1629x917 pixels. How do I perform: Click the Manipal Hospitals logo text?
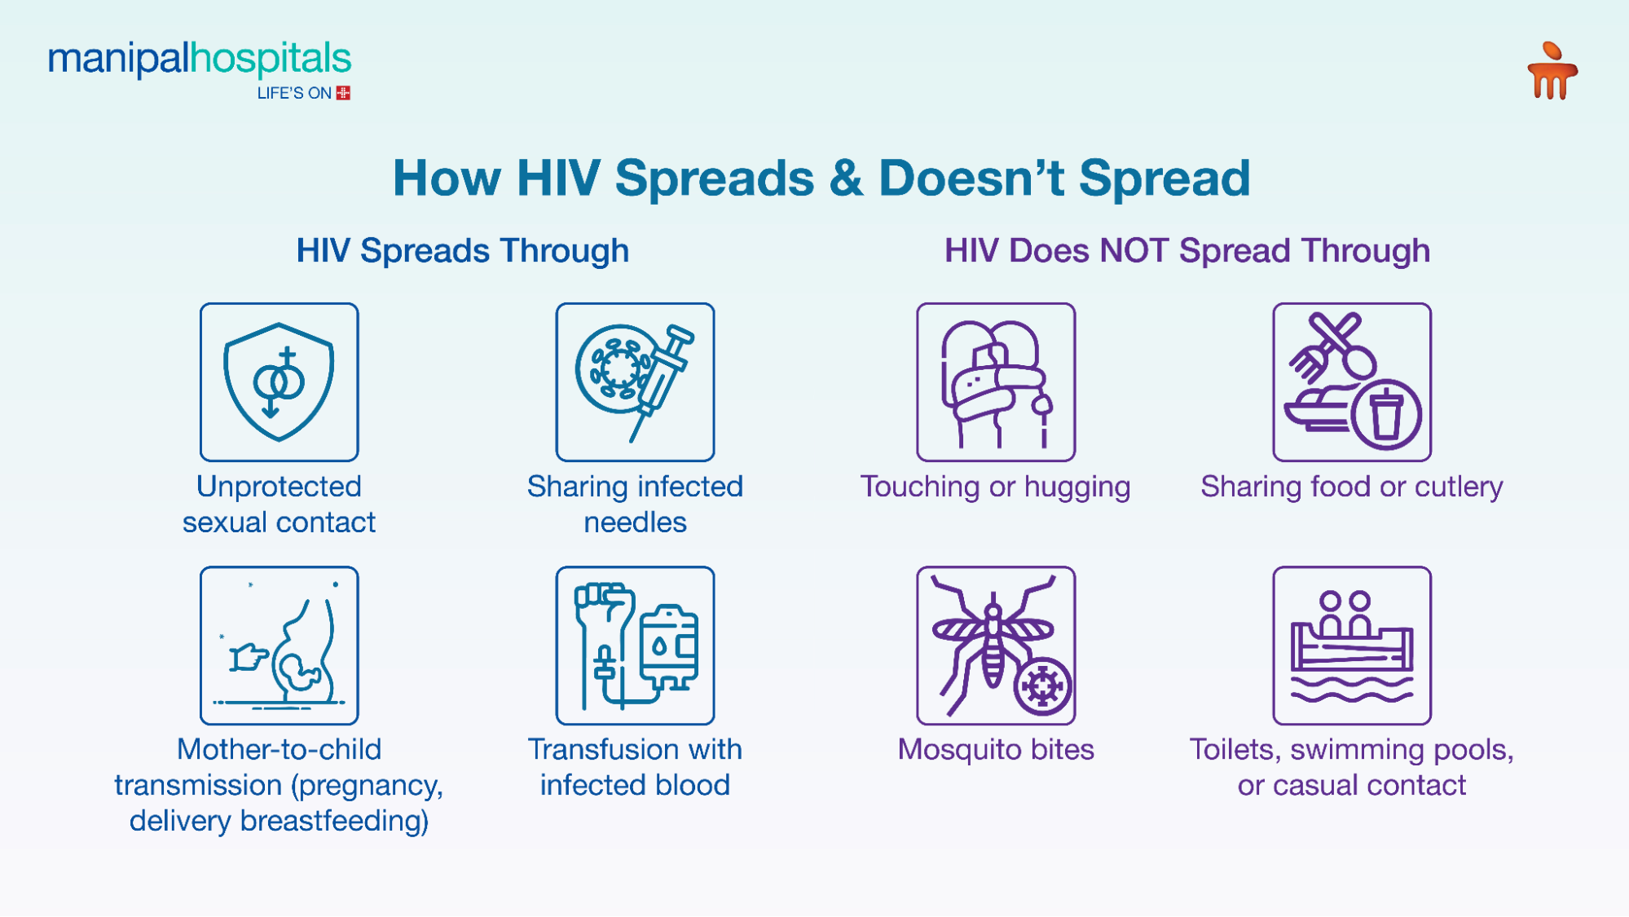point(200,59)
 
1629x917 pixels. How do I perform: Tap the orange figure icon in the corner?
point(1552,72)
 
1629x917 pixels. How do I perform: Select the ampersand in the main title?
point(846,178)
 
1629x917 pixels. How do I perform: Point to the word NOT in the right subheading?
point(1134,250)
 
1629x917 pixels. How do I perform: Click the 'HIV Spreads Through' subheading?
point(462,250)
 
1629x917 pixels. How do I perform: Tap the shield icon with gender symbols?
point(279,381)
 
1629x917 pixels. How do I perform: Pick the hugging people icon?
point(995,381)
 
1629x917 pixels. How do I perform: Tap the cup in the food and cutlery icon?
point(1385,414)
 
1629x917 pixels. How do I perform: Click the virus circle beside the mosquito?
point(1041,686)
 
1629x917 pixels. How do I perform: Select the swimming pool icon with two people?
point(1351,645)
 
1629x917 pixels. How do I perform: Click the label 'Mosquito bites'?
point(995,749)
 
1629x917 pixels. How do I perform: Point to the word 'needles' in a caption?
point(635,522)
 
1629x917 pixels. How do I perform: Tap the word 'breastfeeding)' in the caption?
point(334,821)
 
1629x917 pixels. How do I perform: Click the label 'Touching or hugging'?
point(995,487)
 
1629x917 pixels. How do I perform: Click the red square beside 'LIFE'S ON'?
point(343,93)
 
